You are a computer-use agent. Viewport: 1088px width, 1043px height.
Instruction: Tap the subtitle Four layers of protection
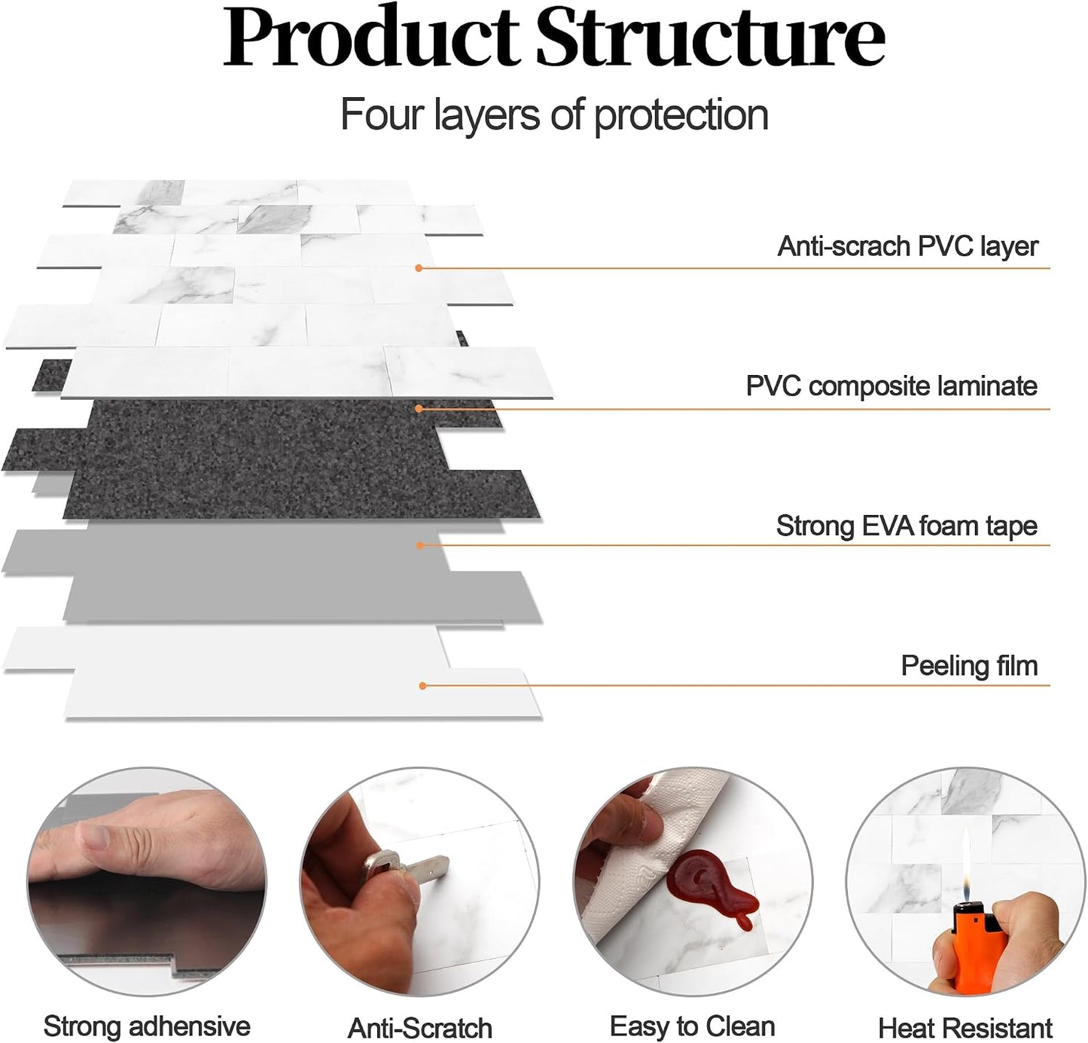554,115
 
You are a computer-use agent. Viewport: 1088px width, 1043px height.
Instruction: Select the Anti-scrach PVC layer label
908,246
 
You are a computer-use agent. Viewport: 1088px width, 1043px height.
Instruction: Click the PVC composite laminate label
891,386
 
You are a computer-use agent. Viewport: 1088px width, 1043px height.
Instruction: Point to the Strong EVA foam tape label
907,526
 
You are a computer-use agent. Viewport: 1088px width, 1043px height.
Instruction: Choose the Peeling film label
970,666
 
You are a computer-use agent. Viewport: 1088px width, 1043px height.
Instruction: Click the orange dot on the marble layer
419,268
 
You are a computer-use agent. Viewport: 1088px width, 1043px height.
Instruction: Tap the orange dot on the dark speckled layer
419,409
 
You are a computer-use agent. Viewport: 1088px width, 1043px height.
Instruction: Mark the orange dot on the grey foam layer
420,545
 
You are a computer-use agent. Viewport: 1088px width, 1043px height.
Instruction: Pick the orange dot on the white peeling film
422,685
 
